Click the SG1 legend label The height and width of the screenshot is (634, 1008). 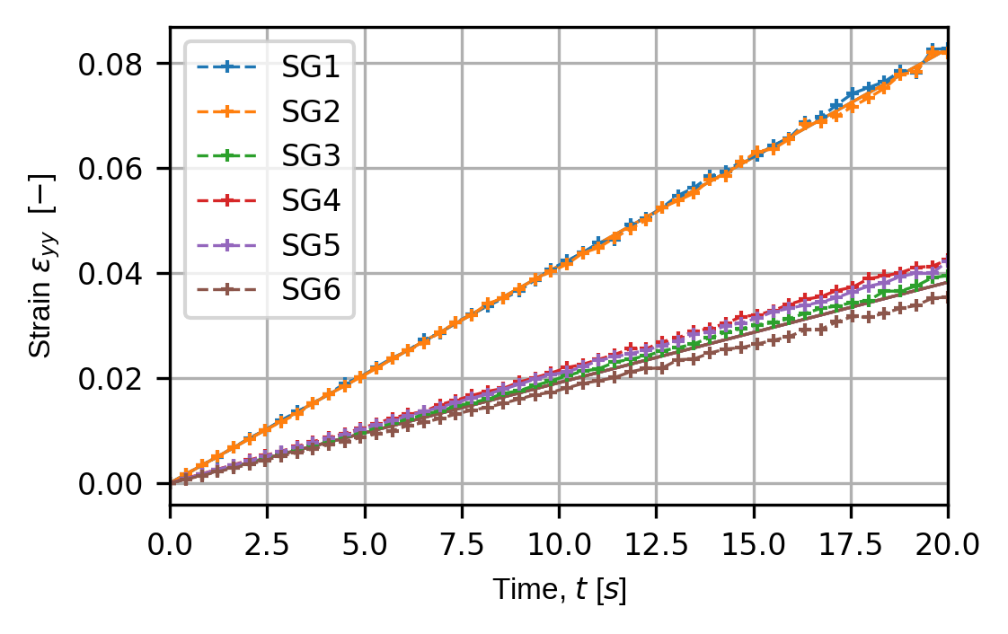[308, 66]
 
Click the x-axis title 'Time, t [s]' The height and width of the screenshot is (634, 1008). [559, 590]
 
